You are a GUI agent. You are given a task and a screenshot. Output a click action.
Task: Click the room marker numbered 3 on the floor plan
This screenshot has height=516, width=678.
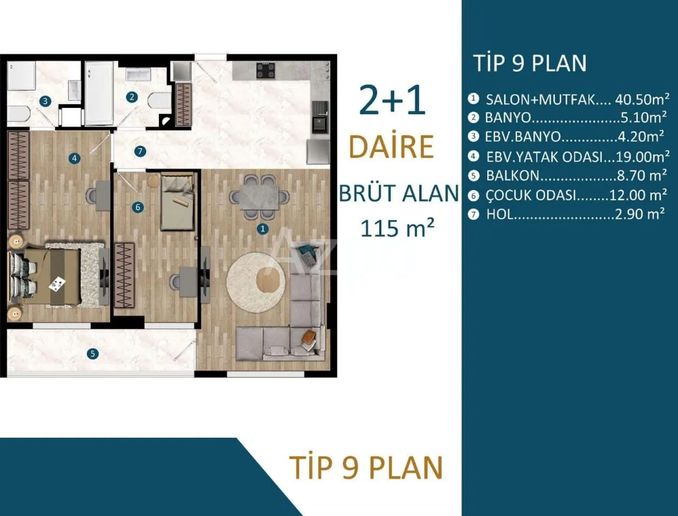coord(46,101)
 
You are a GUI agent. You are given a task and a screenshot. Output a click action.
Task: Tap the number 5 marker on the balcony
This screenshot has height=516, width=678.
coord(93,354)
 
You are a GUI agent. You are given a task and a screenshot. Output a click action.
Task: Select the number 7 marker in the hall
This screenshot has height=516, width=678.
coord(140,151)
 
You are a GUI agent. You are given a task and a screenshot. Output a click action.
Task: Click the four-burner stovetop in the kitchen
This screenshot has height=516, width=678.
coord(265,71)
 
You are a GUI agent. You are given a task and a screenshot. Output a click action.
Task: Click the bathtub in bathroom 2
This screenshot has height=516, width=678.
coord(99,93)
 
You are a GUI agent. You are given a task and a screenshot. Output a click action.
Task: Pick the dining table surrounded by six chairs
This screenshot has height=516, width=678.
coord(259,197)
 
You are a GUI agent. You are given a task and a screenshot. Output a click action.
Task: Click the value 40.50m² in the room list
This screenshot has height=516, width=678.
coord(642,99)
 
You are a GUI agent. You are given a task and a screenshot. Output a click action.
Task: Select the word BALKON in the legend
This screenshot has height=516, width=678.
coord(512,176)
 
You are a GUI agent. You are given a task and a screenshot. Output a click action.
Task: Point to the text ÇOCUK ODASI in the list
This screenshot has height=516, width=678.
coord(531,195)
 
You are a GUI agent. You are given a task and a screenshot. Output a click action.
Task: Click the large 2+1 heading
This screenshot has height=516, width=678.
coord(392,99)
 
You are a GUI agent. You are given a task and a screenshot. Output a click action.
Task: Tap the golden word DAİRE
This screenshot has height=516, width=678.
coord(391,147)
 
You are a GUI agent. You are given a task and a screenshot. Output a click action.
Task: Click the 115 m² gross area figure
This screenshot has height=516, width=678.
coord(397,228)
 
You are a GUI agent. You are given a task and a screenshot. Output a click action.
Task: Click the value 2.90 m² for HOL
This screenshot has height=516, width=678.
coord(639,214)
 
